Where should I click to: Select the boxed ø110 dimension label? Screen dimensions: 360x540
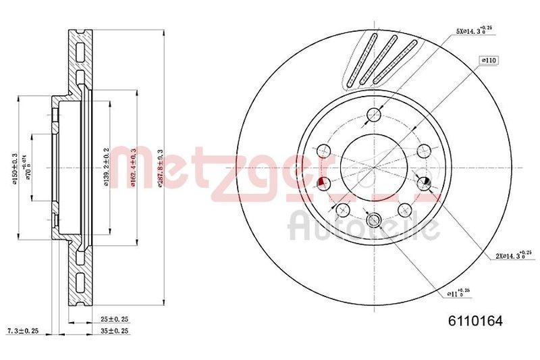488,61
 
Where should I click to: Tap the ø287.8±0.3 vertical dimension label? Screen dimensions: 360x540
160,169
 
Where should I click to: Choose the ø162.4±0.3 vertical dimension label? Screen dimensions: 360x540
133,169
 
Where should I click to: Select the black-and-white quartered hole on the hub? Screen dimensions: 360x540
425,182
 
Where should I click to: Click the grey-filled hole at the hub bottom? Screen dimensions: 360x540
373,220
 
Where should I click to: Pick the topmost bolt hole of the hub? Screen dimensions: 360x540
373,115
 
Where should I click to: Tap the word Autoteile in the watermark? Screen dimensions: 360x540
364,226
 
